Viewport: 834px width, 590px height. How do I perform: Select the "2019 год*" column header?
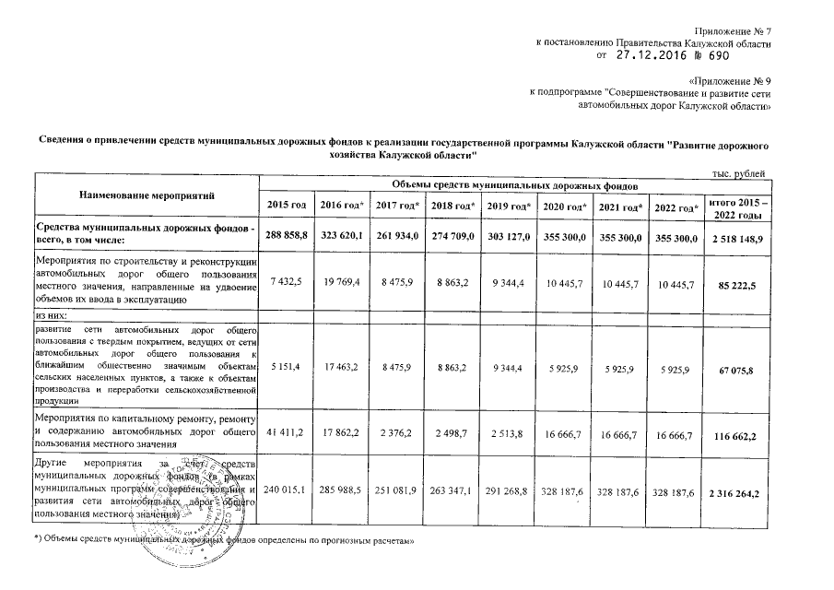(x=510, y=204)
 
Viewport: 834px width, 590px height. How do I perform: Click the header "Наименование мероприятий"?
(x=146, y=195)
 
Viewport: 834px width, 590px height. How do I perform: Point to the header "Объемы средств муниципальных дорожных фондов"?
(x=513, y=185)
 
